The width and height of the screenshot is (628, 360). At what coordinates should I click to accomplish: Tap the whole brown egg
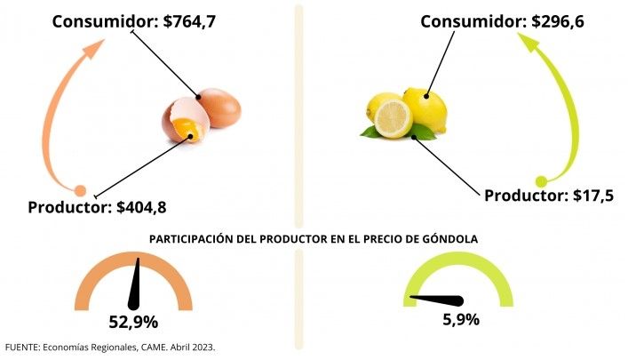tap(219, 108)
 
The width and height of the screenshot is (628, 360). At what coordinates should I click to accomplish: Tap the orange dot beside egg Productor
tap(80, 190)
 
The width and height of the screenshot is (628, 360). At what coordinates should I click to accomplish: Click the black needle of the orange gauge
tap(138, 283)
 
